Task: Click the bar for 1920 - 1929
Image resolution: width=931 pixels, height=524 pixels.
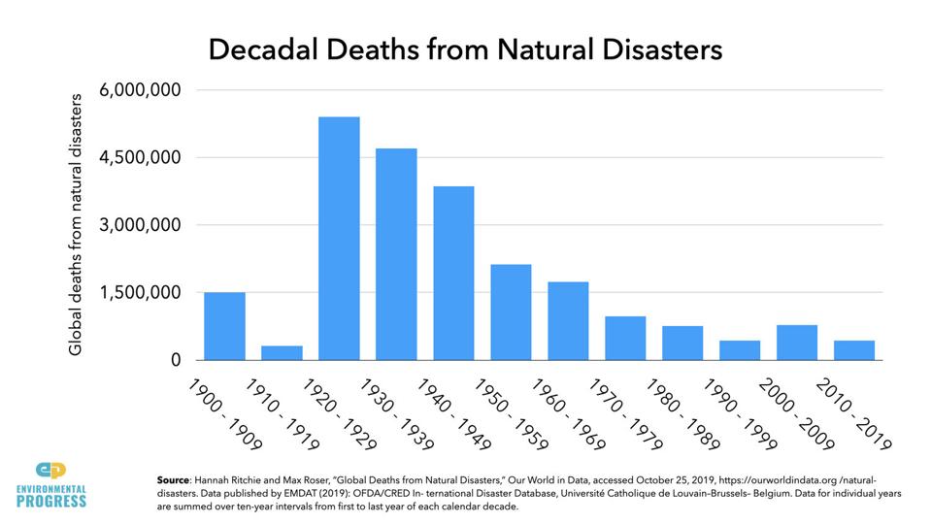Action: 339,239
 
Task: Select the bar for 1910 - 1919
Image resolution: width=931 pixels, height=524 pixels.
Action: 282,353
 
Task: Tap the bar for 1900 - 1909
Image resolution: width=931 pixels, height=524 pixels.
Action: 224,326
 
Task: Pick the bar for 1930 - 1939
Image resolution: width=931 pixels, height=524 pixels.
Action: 396,254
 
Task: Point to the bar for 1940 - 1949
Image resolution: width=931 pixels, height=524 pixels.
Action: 453,273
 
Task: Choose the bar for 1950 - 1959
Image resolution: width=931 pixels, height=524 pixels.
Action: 511,312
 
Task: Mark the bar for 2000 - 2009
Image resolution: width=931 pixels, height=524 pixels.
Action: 797,343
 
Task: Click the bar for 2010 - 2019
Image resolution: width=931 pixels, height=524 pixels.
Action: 854,350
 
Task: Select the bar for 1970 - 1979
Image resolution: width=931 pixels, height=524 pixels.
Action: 625,338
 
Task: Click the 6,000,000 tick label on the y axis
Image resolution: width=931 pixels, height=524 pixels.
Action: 140,90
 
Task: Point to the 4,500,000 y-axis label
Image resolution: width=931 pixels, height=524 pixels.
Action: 140,157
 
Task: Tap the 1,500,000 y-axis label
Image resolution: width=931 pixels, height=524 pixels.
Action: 140,292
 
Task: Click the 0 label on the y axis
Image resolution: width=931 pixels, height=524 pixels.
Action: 175,360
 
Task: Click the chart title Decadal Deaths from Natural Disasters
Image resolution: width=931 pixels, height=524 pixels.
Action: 465,49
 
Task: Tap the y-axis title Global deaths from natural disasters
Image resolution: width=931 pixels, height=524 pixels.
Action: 76,225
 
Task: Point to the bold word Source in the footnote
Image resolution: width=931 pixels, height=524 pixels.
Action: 175,480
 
